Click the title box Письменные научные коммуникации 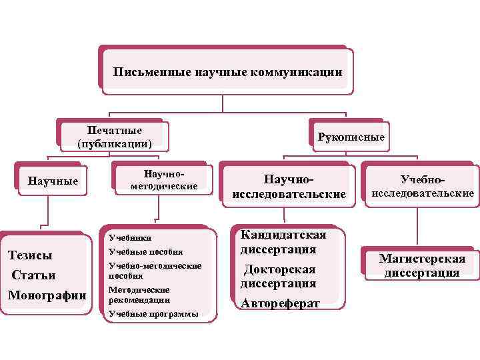tap(227, 71)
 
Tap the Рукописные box tap(351, 137)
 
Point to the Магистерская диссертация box tap(422, 265)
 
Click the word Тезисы tap(29, 255)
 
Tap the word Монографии tap(47, 295)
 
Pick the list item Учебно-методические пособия tap(154, 270)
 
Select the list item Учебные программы tap(153, 314)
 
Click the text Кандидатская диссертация tap(283, 243)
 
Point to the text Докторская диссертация tap(279, 276)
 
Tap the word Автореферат tap(281, 303)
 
